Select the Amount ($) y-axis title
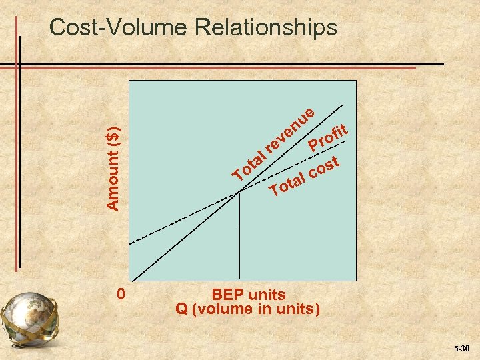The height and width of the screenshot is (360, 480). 114,159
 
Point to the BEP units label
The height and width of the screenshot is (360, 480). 248,295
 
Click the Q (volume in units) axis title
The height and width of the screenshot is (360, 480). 248,309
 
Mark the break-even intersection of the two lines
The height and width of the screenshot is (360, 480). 239,193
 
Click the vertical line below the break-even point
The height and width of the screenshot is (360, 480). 239,210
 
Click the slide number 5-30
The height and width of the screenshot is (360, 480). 461,349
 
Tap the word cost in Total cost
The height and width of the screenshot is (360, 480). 325,168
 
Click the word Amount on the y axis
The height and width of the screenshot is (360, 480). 114,177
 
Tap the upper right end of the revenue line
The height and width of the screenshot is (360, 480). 344,105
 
